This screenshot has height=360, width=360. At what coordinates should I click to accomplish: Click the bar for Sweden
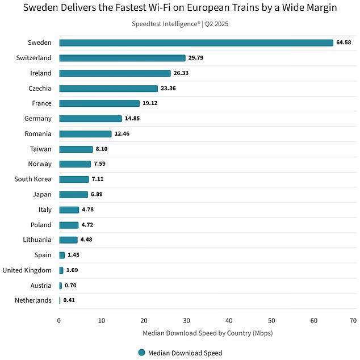point(196,43)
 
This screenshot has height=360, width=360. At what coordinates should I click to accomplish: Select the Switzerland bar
point(122,58)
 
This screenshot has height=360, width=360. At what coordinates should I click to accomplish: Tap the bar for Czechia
point(108,89)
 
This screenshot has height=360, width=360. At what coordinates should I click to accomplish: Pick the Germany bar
point(90,119)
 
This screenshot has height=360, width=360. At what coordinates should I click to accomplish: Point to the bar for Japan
point(73,194)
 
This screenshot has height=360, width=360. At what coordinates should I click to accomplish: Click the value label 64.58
point(344,43)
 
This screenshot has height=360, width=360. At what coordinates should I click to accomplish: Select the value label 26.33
point(181,73)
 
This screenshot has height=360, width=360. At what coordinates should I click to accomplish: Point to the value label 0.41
point(69,300)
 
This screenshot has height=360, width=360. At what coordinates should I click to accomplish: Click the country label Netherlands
point(33,300)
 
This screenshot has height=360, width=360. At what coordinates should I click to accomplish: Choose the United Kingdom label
point(27,270)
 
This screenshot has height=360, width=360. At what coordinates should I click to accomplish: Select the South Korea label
point(33,179)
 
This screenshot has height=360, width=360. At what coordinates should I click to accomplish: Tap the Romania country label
point(37,134)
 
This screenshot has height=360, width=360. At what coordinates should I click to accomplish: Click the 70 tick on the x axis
point(353,320)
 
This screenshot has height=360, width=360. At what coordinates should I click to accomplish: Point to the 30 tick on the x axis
point(186,320)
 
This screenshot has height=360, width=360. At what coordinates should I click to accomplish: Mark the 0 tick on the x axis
point(59,320)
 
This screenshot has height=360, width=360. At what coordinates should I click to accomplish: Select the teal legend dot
point(141,353)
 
